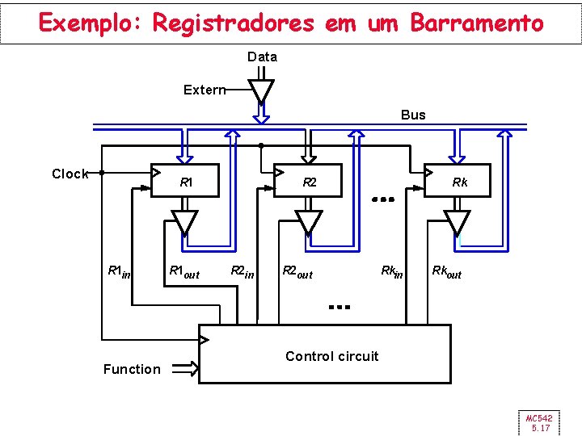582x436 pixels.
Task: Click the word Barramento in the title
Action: click(477, 23)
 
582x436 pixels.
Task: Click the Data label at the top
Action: click(262, 57)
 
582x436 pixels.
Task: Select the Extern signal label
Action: click(204, 90)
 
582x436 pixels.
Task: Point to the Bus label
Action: click(413, 115)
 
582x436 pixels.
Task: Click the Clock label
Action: click(70, 174)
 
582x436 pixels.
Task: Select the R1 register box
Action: click(186, 182)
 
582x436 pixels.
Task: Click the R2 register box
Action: click(309, 182)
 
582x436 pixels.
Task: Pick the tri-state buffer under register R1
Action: click(185, 220)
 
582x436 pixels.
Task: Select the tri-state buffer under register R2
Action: click(308, 220)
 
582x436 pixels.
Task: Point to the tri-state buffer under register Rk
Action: click(457, 220)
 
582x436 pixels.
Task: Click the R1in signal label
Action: click(120, 272)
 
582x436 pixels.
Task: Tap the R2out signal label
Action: click(297, 272)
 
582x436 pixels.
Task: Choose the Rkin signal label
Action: click(393, 270)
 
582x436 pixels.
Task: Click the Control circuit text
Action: click(331, 356)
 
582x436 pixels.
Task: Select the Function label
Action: click(132, 369)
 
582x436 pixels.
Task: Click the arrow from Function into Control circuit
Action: click(185, 369)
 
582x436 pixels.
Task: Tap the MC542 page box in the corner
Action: click(539, 422)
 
